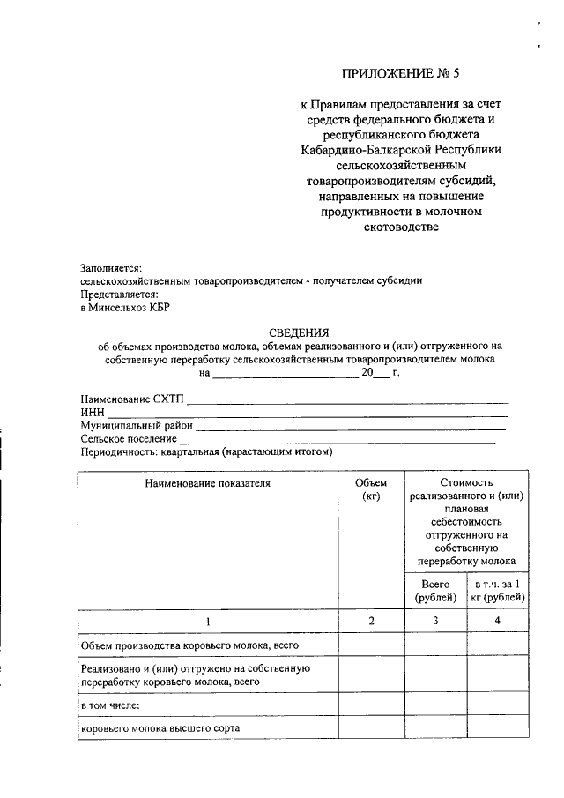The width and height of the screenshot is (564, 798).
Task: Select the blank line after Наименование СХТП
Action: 347,401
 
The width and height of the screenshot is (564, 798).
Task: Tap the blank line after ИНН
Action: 308,414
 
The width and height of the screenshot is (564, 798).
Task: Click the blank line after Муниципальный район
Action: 352,426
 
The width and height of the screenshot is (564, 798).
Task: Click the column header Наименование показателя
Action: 209,482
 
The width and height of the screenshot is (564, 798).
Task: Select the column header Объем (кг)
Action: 371,489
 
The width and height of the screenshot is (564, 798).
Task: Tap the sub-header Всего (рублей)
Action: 435,592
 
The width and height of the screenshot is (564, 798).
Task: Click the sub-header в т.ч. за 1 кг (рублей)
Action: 499,592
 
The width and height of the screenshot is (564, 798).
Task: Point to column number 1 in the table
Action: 209,622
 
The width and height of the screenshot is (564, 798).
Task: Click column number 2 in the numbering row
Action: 371,622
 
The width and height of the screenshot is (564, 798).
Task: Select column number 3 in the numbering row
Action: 435,622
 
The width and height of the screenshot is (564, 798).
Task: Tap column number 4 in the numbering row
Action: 499,622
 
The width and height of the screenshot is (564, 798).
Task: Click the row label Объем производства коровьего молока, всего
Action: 190,645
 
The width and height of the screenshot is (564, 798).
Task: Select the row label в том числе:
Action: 110,705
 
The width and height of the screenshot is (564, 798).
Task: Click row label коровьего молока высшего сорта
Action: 160,729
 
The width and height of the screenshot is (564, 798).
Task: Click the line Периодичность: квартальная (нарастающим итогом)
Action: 205,451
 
